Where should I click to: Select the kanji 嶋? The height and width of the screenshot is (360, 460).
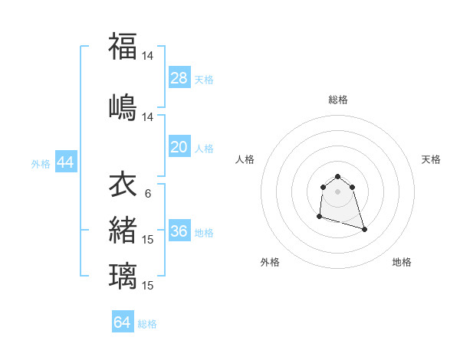tap(123, 106)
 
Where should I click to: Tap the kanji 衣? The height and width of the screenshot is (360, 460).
tap(123, 184)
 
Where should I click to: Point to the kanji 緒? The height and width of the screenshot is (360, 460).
tap(123, 230)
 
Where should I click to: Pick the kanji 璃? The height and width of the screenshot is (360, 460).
tap(123, 276)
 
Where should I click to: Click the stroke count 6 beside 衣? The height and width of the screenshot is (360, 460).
tap(147, 193)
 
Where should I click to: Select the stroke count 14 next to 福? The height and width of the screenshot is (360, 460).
tap(148, 56)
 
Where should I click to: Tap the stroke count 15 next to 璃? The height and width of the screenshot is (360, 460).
tap(148, 286)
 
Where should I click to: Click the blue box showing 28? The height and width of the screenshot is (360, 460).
tap(179, 77)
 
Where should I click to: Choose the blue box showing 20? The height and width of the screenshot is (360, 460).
tap(179, 147)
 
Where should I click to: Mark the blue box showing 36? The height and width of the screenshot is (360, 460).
tap(179, 231)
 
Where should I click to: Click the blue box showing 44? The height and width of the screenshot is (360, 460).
tap(65, 162)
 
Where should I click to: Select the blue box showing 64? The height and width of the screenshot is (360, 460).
tap(123, 322)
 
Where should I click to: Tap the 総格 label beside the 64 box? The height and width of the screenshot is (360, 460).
tap(147, 324)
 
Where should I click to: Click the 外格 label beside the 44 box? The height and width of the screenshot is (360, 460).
tap(41, 163)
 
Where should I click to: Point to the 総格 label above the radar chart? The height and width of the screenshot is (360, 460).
tap(338, 100)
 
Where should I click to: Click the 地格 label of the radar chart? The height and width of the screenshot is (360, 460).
tap(402, 262)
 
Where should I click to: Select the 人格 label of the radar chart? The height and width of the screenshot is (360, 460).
tap(245, 159)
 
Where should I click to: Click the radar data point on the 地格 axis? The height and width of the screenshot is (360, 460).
tap(364, 229)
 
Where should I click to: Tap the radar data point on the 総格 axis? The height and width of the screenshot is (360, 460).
tap(337, 176)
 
